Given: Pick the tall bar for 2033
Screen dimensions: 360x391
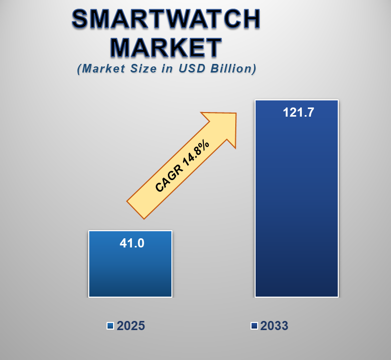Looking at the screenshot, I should tap(296, 213).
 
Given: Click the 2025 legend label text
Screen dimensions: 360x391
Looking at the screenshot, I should tap(131, 326).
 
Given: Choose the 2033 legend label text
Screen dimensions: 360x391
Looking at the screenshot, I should tap(274, 326).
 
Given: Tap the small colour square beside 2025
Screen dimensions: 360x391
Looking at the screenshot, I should tap(110, 326).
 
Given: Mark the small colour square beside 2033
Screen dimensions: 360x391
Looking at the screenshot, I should tap(254, 326).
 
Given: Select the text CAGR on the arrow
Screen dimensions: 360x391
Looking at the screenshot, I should tap(167, 180).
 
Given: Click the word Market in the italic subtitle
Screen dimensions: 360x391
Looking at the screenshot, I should tap(102, 69).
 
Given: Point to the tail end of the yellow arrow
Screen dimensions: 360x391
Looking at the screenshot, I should tap(136, 209).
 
